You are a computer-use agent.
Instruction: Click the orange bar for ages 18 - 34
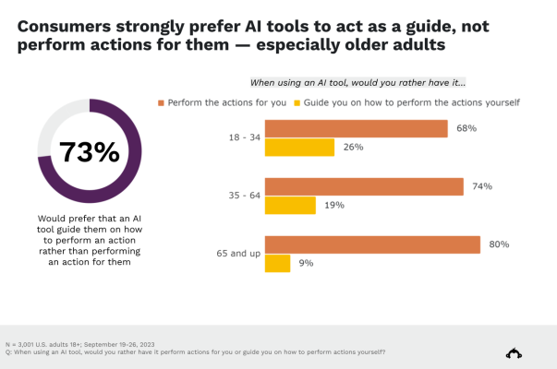pos(357,128)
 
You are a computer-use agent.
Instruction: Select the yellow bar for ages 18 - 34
pos(299,147)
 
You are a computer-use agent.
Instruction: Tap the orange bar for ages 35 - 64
pos(364,186)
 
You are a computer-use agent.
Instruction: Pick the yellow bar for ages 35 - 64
pos(290,205)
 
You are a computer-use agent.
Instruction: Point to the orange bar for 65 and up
pos(372,244)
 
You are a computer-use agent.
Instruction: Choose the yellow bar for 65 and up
pos(279,263)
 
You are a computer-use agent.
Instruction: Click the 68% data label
pos(466,128)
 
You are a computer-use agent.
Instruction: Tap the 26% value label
pos(352,147)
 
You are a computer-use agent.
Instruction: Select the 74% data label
pos(481,186)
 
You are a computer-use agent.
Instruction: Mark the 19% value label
pos(333,205)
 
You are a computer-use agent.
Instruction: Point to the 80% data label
pos(499,244)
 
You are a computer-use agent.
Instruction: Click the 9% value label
pos(306,263)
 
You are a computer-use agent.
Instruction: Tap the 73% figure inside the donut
pos(89,151)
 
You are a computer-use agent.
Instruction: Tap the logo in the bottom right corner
pos(514,351)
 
